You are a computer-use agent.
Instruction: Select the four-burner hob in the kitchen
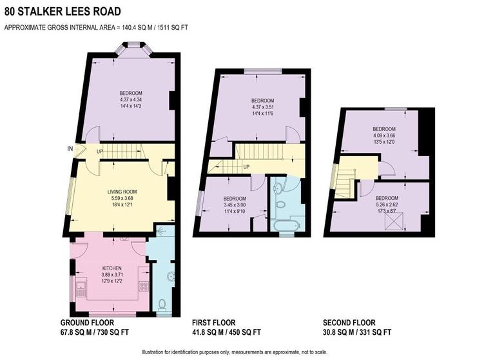143,286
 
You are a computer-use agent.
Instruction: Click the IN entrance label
70,149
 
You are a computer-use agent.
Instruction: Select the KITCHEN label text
112,267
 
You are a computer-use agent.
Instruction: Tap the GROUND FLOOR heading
87,323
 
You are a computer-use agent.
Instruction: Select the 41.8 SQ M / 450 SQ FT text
226,332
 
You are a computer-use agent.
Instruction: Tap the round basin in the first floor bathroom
277,188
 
